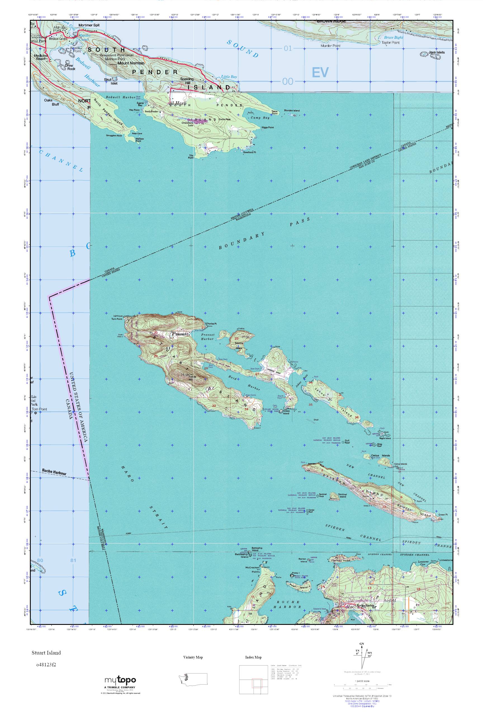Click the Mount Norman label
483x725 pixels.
tap(131, 63)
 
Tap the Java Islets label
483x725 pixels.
tap(437, 52)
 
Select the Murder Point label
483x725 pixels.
tap(330, 46)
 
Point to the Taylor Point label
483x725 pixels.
tap(390, 43)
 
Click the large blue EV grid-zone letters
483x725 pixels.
tap(320, 72)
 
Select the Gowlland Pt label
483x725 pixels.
tap(250, 152)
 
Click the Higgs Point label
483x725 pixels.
tap(267, 127)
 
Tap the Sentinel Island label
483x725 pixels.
tap(342, 495)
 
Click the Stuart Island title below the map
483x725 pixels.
tap(46, 653)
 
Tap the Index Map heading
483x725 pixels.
tap(253, 658)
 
